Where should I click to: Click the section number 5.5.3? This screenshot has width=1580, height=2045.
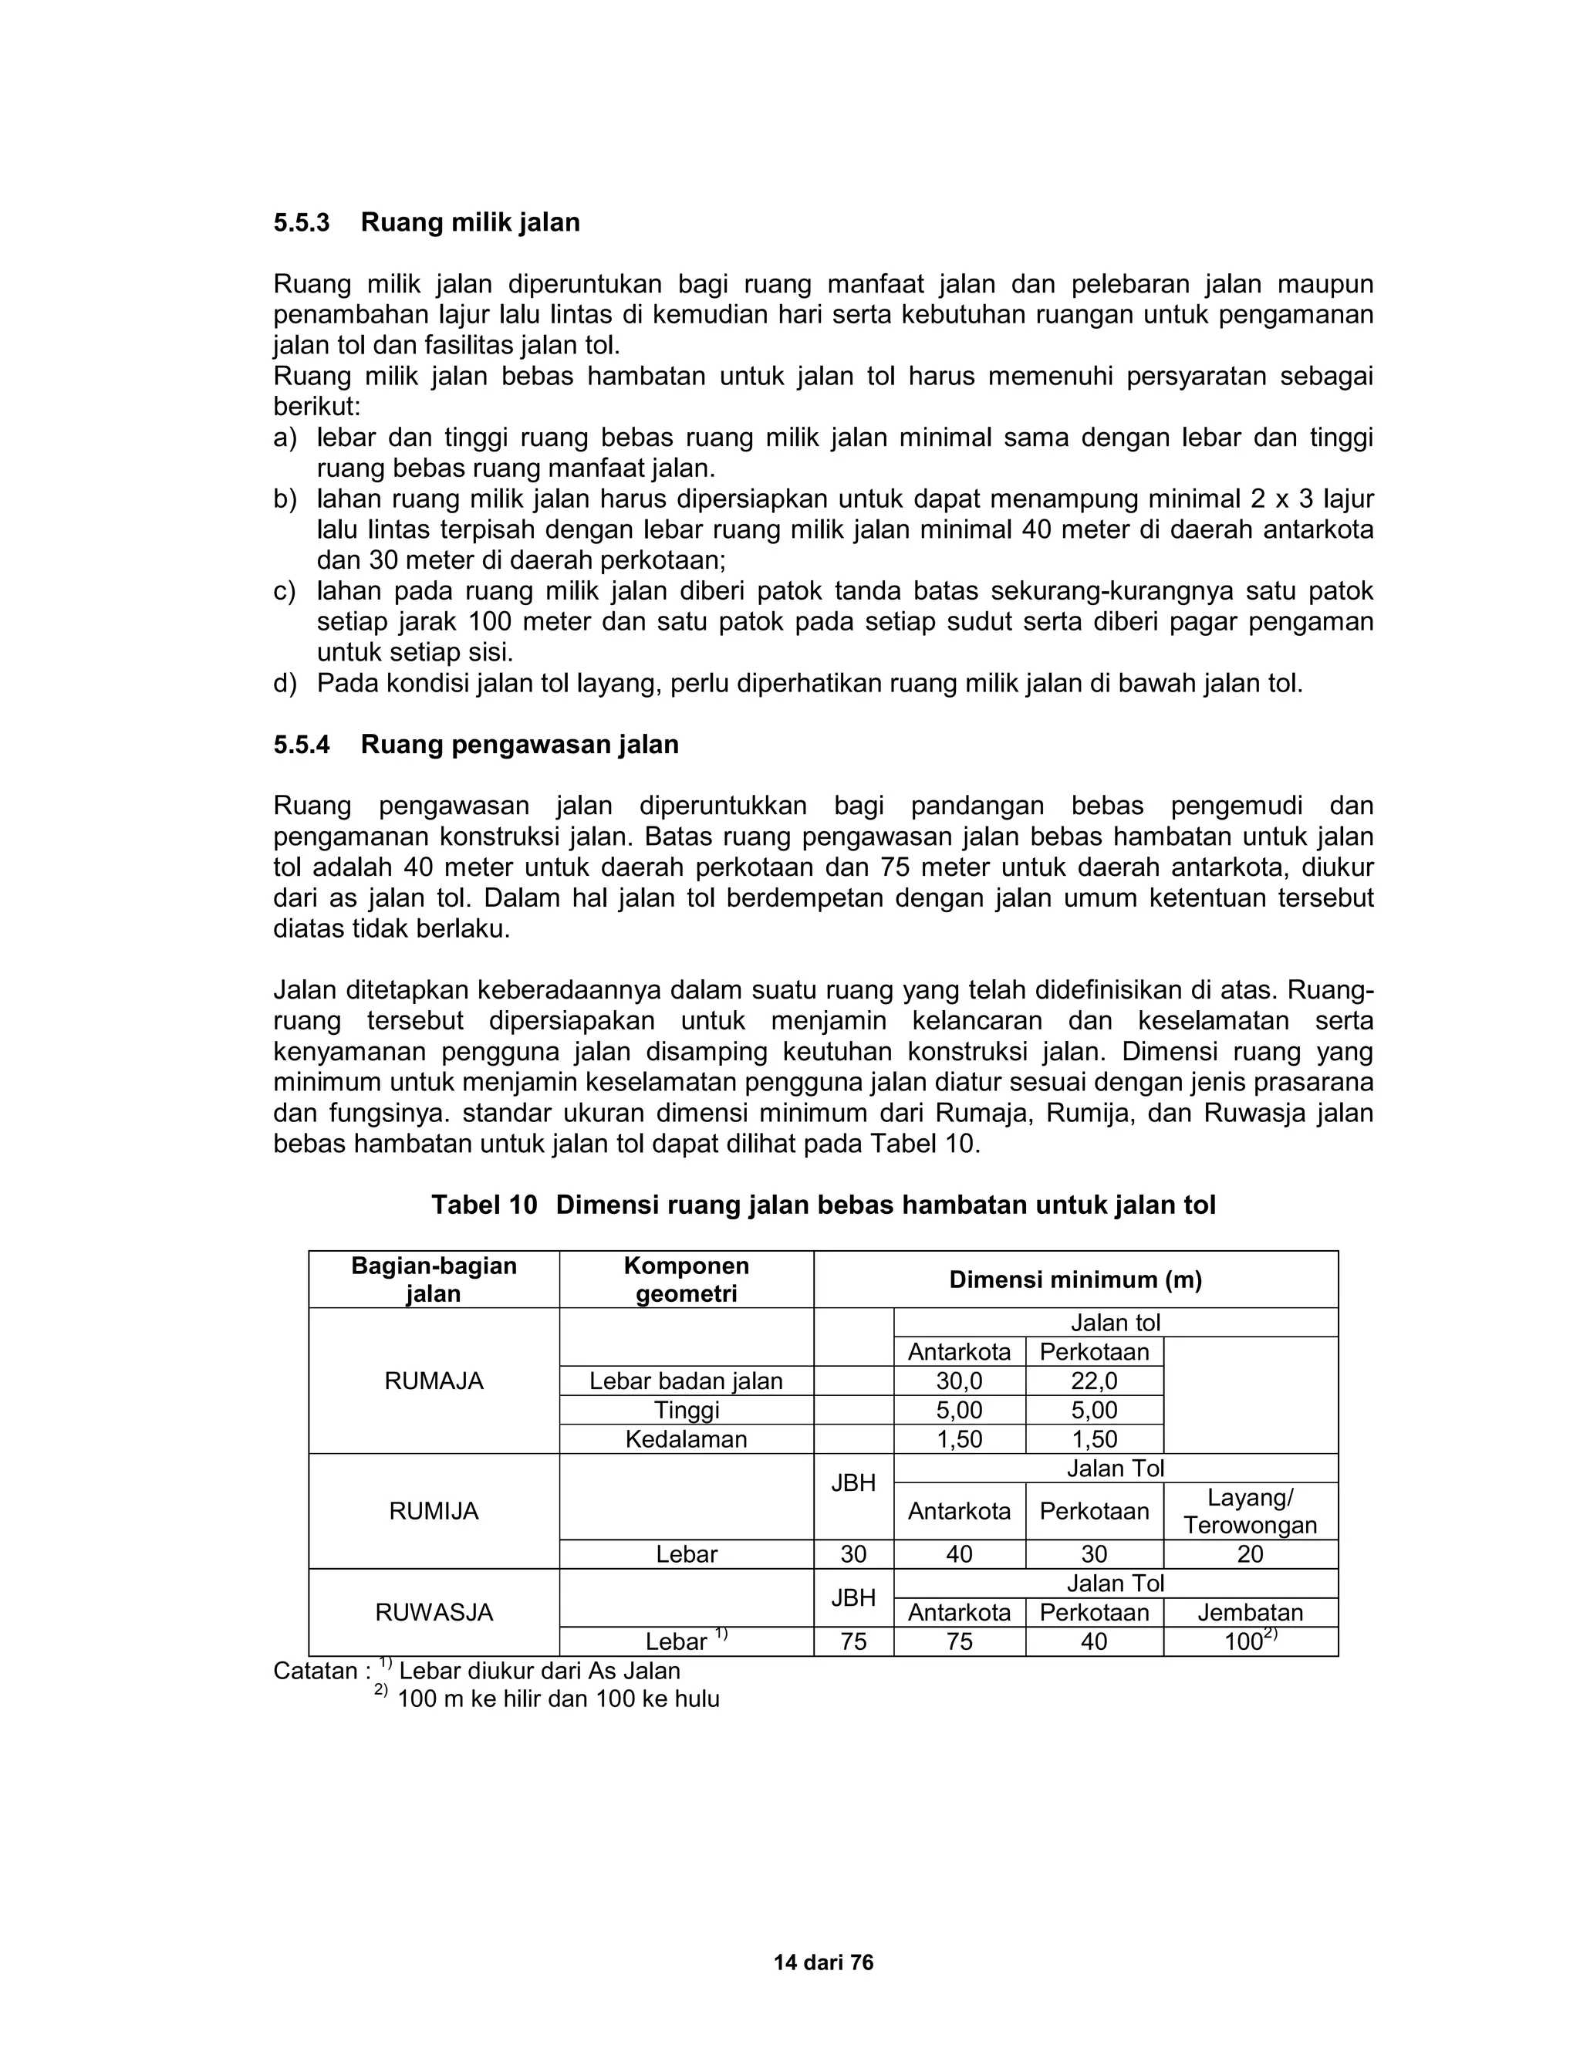click(302, 223)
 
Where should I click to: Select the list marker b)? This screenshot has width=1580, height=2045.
click(285, 499)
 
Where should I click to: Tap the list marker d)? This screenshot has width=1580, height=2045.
click(285, 684)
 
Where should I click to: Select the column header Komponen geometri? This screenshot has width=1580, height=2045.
click(686, 1279)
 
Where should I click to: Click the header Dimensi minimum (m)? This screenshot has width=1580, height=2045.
click(1075, 1280)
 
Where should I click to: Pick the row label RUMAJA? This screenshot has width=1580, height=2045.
click(434, 1381)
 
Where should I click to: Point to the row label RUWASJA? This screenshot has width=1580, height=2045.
click(434, 1612)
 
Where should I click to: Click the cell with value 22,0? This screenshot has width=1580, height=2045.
click(1093, 1381)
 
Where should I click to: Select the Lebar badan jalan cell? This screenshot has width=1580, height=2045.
click(686, 1381)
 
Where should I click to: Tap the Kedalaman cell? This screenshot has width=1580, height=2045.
click(686, 1439)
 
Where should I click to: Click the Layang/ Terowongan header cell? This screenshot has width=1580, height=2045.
click(1250, 1511)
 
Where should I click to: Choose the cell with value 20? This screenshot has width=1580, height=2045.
click(1250, 1554)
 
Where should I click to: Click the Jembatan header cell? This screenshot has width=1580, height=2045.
click(1250, 1612)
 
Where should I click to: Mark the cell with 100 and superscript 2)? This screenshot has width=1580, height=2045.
click(1250, 1641)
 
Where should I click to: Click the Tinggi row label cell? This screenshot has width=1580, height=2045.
click(686, 1410)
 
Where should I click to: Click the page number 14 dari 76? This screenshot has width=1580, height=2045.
click(824, 1962)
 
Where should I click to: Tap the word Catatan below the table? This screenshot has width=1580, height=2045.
click(316, 1671)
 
